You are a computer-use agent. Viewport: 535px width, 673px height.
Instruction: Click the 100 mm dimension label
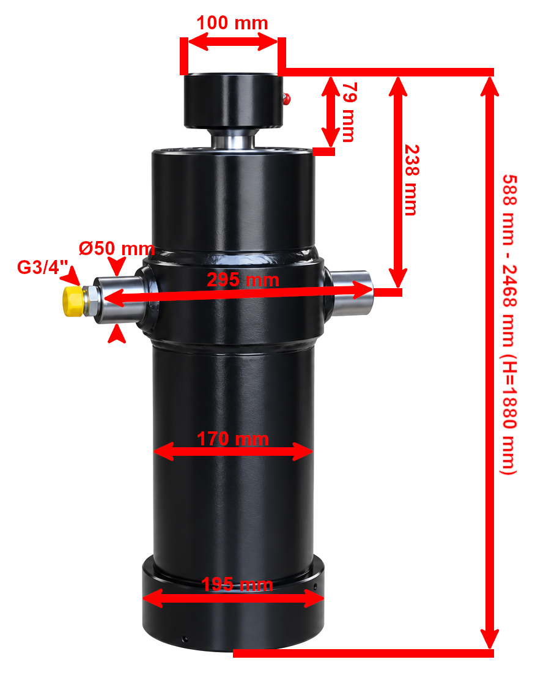click(x=232, y=23)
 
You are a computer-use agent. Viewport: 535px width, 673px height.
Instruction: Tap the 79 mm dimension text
click(x=349, y=112)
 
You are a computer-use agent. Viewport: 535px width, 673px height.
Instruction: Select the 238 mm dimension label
click(x=412, y=180)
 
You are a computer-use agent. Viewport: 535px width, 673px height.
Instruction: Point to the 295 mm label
click(x=243, y=280)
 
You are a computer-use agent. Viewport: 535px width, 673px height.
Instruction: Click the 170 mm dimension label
click(x=232, y=439)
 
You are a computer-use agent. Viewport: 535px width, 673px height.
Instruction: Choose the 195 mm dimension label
click(x=237, y=584)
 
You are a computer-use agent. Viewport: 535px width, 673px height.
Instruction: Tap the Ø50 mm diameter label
click(x=116, y=248)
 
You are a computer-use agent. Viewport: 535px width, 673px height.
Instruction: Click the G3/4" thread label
click(x=42, y=267)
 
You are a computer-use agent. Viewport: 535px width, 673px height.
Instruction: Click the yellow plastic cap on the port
click(x=73, y=301)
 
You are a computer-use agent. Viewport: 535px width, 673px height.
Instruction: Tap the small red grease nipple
click(x=286, y=99)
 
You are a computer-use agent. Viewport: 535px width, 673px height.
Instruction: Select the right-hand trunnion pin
click(x=350, y=292)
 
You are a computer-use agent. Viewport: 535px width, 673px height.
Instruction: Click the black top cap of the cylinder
click(x=234, y=101)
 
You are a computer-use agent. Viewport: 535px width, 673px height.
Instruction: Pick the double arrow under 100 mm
click(x=232, y=42)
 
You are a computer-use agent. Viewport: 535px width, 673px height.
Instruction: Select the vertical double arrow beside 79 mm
click(x=330, y=112)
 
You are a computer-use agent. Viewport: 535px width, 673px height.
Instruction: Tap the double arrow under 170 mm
click(x=232, y=452)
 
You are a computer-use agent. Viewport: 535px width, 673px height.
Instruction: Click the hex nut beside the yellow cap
click(x=90, y=301)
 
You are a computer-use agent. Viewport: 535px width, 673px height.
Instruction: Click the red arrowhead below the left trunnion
click(x=116, y=334)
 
